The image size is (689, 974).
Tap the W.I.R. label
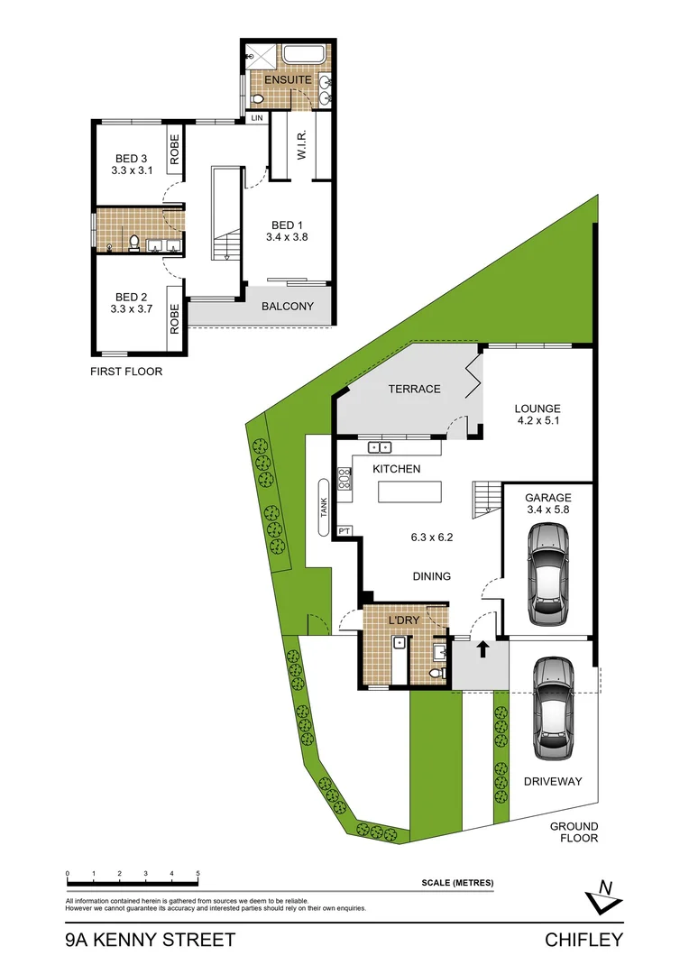click(x=302, y=142)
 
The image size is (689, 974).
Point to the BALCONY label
click(x=288, y=307)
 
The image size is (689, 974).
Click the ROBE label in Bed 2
click(x=175, y=318)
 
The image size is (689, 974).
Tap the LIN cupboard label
click(x=257, y=118)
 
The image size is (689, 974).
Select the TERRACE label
click(x=414, y=389)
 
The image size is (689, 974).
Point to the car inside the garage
click(x=547, y=574)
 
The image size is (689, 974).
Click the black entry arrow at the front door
click(x=482, y=648)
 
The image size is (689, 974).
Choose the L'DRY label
click(x=403, y=621)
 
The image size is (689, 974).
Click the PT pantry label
click(x=344, y=532)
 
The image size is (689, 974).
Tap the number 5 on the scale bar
click(x=197, y=874)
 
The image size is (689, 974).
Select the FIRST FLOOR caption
click(x=126, y=371)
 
